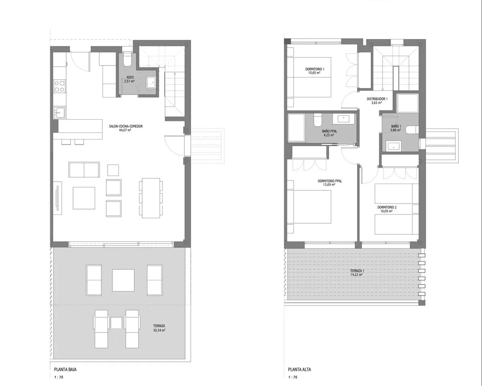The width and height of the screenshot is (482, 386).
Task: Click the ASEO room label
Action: coord(130,77)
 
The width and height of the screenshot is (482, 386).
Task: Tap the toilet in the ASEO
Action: coord(128,60)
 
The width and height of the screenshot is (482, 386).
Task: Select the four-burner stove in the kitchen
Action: coord(59,86)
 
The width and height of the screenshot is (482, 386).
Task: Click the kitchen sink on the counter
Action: coord(59,112)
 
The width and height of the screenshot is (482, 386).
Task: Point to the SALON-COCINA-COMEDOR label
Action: coord(126,126)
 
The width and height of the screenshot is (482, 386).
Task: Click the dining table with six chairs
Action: coord(151,198)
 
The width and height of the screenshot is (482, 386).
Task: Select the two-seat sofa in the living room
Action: coord(84,170)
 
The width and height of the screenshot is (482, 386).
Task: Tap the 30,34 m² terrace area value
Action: coord(159,330)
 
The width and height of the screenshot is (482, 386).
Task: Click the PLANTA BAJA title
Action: coord(65,370)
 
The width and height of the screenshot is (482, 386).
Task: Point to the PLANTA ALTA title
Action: coord(300,370)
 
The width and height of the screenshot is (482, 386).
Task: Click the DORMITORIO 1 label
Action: coord(315,69)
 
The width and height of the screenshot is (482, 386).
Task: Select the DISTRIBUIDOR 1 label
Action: coord(377,99)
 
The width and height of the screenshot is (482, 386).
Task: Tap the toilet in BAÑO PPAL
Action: coord(318,120)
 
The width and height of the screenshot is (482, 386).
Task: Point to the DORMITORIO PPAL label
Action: coord(330,181)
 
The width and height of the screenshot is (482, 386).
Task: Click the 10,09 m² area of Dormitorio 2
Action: coord(386,211)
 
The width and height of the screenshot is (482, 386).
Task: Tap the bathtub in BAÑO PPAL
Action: coord(296,127)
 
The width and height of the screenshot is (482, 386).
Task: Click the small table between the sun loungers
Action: coord(116,322)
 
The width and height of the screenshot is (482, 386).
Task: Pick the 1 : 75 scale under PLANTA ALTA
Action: coord(292,377)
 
